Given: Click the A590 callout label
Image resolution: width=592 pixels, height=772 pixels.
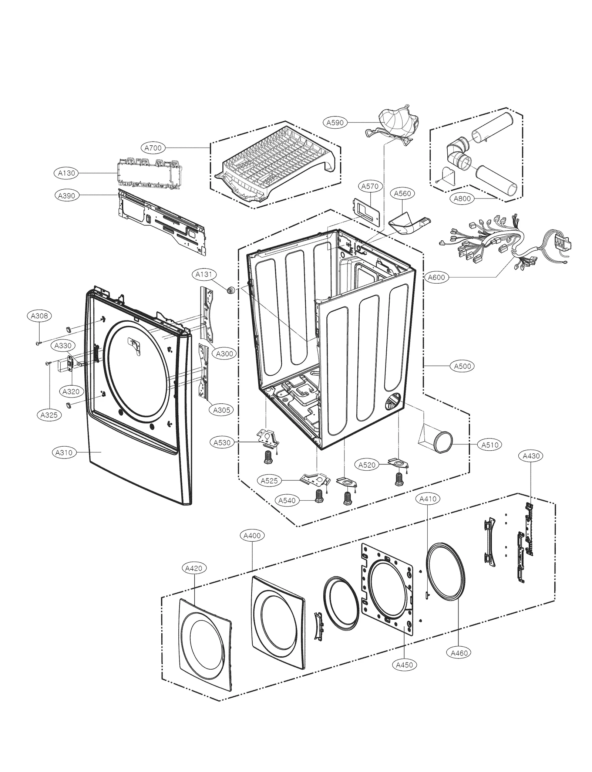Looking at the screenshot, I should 335,123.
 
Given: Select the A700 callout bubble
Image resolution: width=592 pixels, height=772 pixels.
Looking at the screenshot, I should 153,148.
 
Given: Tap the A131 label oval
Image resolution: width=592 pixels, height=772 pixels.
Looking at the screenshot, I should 204,274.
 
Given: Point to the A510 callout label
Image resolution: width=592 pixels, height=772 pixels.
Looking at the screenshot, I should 490,445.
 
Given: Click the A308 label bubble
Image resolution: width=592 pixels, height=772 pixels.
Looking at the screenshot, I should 39,316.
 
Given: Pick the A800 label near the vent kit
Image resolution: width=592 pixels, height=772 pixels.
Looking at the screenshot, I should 462,199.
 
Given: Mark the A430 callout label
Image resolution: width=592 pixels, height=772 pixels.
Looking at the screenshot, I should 531,456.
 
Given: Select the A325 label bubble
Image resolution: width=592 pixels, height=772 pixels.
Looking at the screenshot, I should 49,415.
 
